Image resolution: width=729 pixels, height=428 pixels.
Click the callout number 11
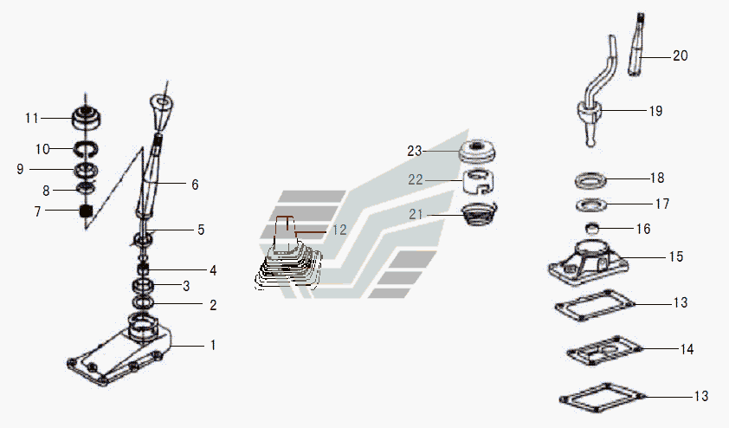point(32,118)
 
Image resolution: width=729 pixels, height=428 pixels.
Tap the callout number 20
point(681,55)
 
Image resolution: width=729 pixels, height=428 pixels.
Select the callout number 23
point(414,151)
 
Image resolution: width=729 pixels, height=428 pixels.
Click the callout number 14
point(687,350)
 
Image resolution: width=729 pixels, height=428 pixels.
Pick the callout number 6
point(195,185)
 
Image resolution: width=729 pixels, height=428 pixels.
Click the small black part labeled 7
point(86,211)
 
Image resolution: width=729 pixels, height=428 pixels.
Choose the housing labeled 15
point(589,260)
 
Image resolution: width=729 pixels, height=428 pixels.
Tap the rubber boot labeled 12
point(289,260)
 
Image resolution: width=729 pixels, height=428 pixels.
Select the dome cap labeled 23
point(477,150)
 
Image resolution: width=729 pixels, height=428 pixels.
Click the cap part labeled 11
point(87,115)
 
